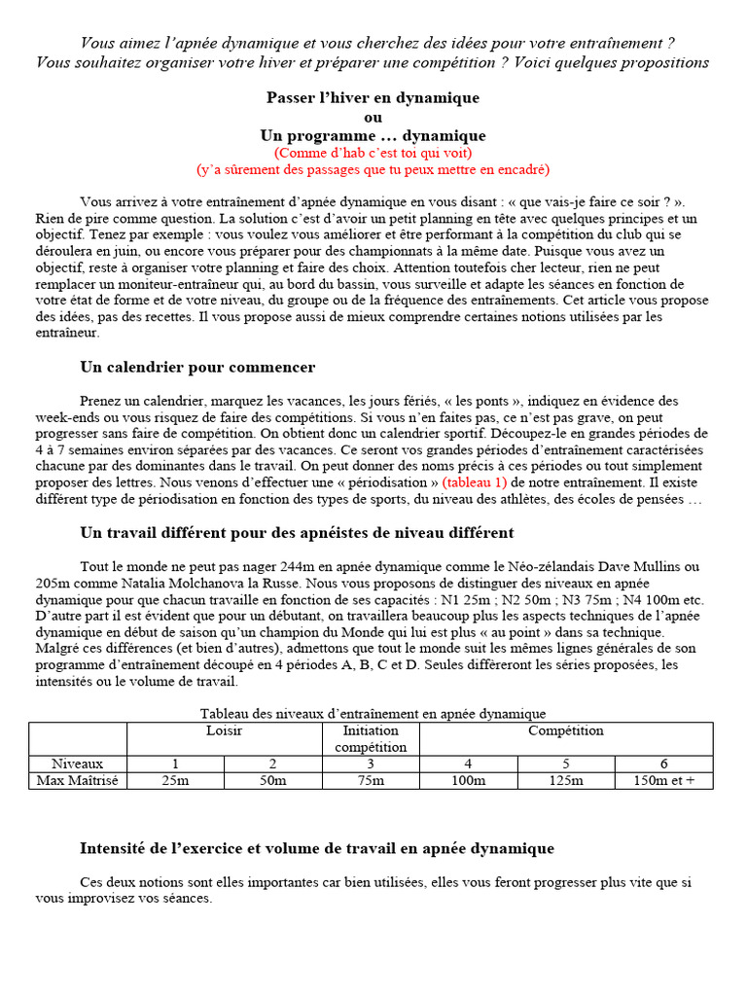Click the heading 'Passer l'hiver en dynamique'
[373, 98]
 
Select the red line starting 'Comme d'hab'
[373, 154]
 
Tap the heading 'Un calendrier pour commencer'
[197, 367]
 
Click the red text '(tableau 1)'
[475, 482]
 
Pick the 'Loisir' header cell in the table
[224, 730]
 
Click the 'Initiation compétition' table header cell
[371, 738]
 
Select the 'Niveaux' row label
[78, 764]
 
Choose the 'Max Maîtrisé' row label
[78, 780]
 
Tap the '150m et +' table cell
[663, 780]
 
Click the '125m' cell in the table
[565, 780]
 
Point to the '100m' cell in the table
[468, 780]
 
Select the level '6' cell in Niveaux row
[663, 764]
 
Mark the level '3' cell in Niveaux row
[371, 764]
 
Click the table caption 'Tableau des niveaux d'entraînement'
[373, 714]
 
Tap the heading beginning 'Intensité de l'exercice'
[317, 848]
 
